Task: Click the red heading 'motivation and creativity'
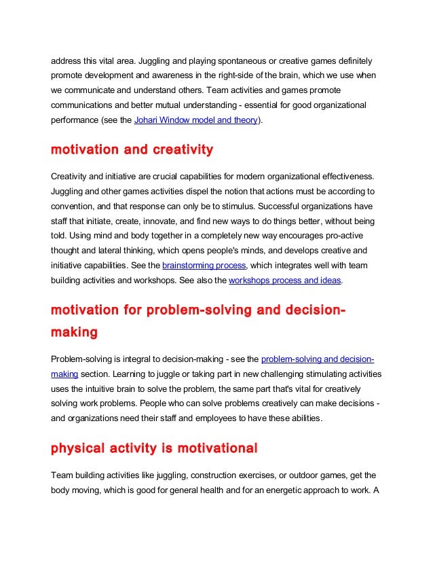pyautogui.click(x=132, y=149)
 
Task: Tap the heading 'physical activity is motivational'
pyautogui.click(x=155, y=448)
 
